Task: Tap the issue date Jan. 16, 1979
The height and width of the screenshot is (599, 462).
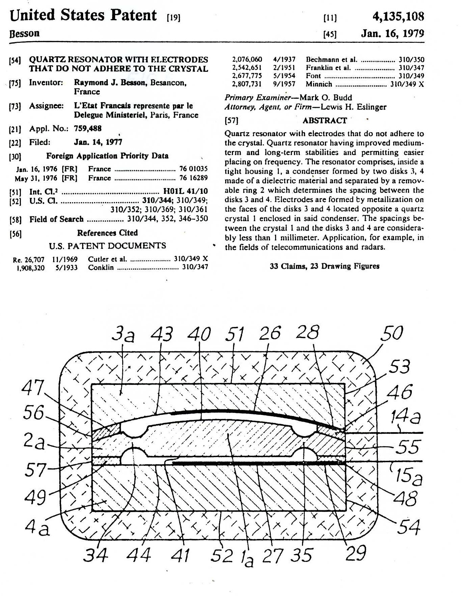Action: (x=392, y=33)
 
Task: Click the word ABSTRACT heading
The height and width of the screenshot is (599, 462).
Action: (x=324, y=120)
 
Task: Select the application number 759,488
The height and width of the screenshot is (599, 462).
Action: (x=88, y=128)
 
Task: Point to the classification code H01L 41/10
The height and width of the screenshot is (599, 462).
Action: (x=185, y=191)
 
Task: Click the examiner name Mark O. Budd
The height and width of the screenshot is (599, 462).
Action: (x=326, y=98)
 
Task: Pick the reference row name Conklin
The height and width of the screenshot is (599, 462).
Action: (x=101, y=268)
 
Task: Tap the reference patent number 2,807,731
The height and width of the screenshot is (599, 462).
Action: (x=247, y=84)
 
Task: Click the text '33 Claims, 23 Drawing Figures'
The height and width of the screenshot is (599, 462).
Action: (x=324, y=266)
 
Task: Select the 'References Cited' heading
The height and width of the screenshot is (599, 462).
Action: (x=107, y=233)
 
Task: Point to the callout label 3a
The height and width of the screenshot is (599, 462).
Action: (x=123, y=335)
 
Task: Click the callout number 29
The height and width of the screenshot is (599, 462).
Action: (x=356, y=553)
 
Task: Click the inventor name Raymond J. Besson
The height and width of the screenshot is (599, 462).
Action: (x=110, y=83)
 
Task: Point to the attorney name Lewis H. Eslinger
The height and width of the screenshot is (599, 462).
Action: (x=353, y=107)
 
